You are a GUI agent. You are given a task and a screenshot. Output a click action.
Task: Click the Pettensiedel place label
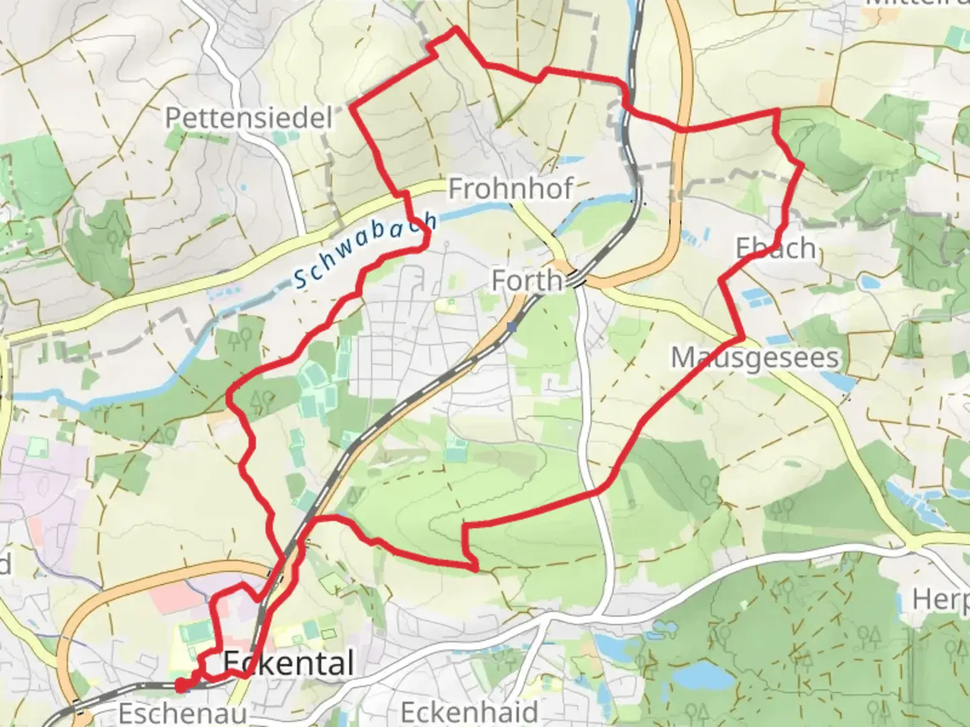click(249, 118)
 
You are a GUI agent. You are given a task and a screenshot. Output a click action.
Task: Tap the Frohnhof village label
click(510, 188)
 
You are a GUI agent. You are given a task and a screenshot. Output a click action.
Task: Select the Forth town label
click(526, 280)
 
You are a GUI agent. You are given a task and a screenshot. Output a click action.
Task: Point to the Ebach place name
click(776, 248)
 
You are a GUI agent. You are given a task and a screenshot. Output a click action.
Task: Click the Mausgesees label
click(755, 357)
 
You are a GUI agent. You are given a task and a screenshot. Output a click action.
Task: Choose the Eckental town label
click(288, 664)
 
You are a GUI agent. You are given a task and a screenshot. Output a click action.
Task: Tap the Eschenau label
click(182, 712)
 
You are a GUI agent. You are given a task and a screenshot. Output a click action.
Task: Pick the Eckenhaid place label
click(469, 712)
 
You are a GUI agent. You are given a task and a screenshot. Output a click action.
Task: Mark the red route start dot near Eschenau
click(181, 686)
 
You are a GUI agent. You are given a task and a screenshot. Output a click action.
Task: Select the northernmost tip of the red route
click(456, 28)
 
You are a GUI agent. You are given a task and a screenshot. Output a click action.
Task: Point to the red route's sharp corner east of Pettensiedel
click(352, 106)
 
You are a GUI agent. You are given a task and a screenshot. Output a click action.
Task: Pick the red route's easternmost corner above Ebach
click(802, 164)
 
